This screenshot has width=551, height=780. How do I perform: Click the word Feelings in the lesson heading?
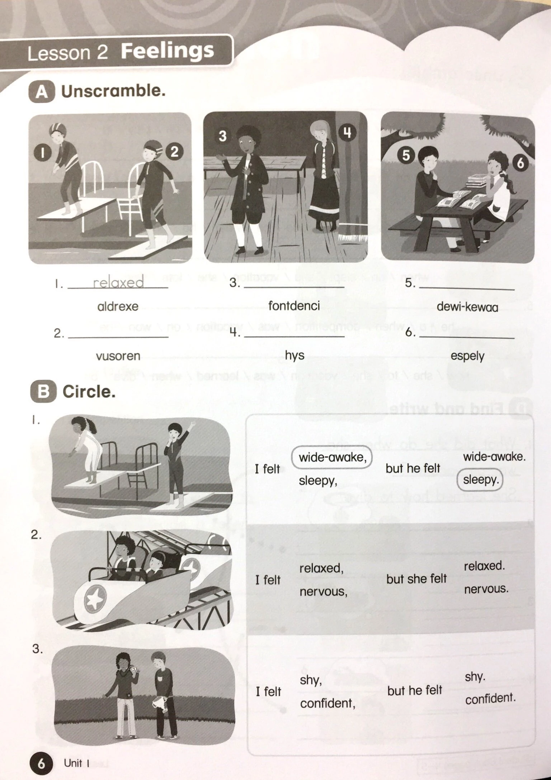click(x=167, y=51)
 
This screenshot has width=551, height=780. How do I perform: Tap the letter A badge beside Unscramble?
click(x=42, y=92)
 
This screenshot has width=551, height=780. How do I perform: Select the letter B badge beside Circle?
click(x=43, y=391)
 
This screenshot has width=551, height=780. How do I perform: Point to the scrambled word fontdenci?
click(x=294, y=306)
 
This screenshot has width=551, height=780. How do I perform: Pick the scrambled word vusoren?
click(x=118, y=356)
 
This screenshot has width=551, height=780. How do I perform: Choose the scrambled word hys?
click(x=295, y=355)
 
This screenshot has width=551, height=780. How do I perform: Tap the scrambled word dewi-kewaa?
click(x=467, y=307)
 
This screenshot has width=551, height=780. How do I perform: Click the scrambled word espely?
click(x=467, y=356)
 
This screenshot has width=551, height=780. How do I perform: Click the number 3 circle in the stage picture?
click(x=222, y=136)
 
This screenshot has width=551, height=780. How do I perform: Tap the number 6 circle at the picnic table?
click(x=520, y=163)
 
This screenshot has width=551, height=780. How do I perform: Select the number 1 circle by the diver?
click(x=42, y=153)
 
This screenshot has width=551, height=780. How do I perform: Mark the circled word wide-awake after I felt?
click(x=332, y=457)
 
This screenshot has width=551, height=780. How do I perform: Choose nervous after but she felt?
click(x=486, y=589)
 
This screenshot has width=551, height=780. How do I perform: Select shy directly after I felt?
click(x=311, y=680)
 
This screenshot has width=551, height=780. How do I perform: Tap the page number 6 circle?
click(x=42, y=764)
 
